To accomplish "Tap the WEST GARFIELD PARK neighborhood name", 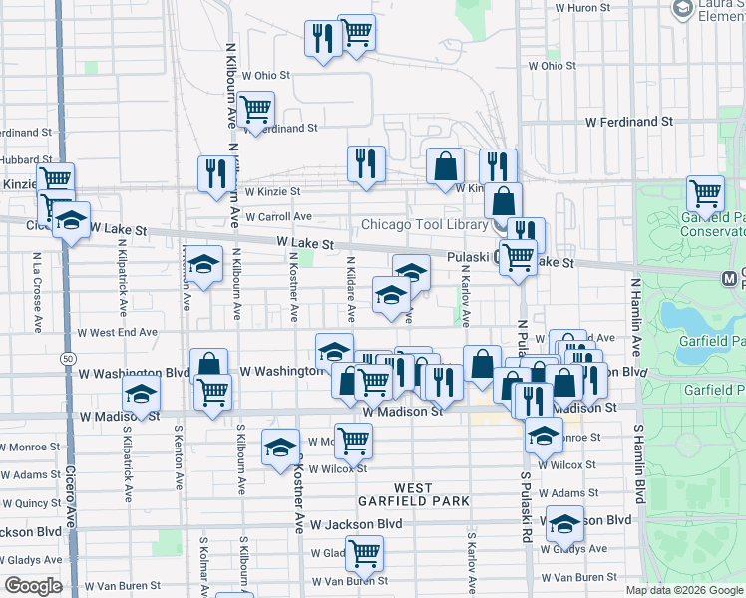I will pos(413,494).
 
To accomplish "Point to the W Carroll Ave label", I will pos(278,216).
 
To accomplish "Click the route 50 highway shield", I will pos(67,357).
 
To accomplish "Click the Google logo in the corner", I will pos(33,586).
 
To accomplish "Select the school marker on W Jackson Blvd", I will pos(564,523).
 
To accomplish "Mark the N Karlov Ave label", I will pos(466,300).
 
